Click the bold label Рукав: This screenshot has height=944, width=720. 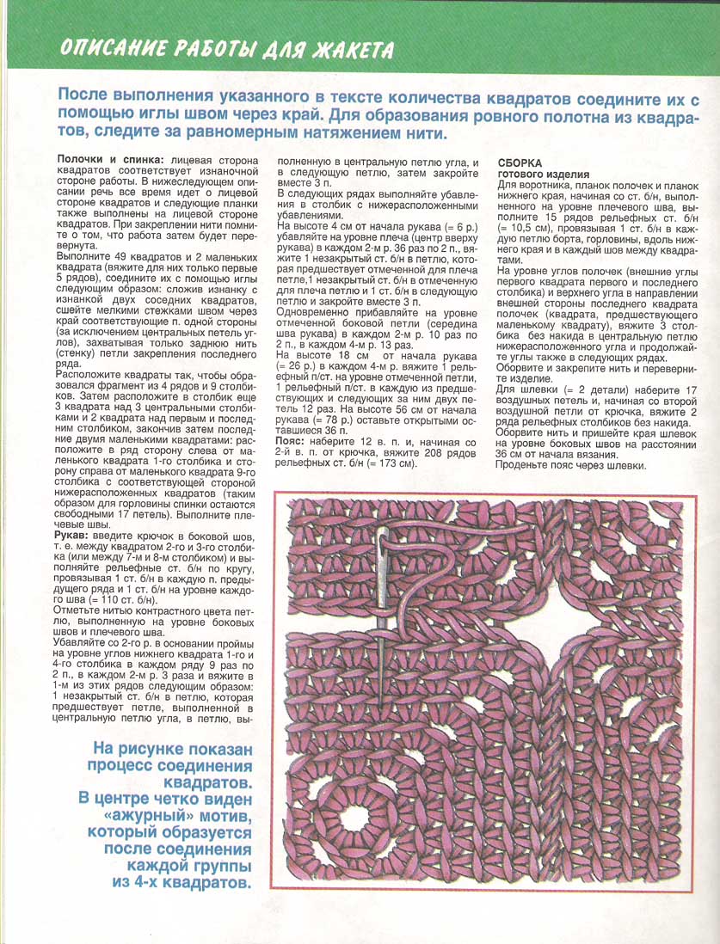(75, 535)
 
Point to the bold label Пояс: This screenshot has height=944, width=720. (293, 438)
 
